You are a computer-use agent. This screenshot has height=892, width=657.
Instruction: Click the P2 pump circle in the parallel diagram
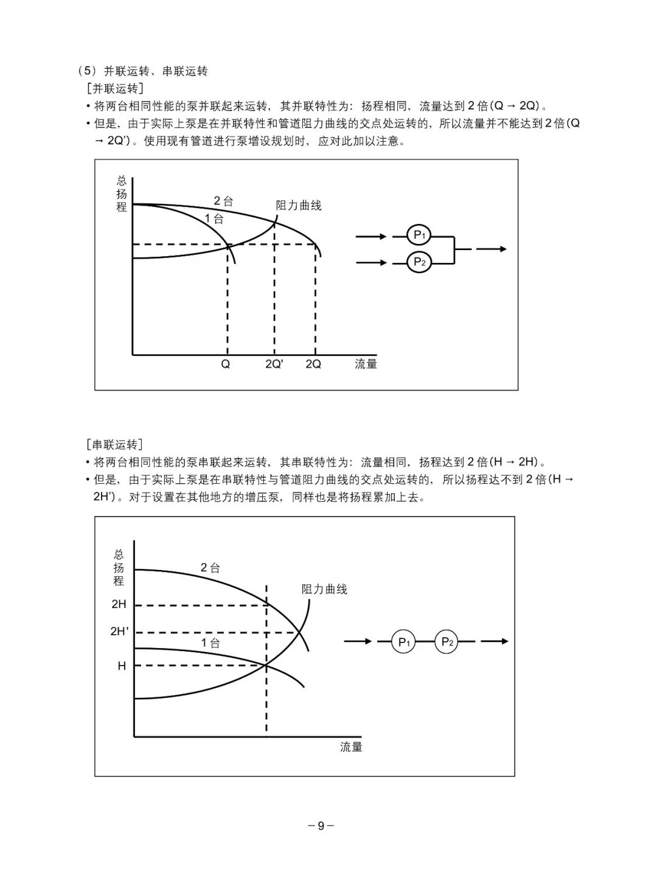419,262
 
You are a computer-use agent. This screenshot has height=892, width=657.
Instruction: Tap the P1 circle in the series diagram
404,641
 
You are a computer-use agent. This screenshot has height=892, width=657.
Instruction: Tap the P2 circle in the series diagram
447,641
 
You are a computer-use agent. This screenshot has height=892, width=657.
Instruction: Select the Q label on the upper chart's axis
225,364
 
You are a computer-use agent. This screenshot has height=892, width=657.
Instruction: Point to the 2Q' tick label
274,364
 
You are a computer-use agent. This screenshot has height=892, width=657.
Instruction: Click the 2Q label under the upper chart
313,364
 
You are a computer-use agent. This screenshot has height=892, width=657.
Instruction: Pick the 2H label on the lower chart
119,604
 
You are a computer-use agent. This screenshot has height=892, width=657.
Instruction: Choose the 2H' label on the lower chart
119,631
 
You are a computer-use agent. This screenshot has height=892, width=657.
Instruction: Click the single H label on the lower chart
122,666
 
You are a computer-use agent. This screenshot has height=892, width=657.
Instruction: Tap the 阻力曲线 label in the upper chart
299,206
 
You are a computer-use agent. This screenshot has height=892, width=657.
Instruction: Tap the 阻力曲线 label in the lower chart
324,590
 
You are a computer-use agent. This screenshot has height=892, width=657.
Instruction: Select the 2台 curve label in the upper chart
223,201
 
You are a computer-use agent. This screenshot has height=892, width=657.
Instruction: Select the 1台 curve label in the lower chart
210,643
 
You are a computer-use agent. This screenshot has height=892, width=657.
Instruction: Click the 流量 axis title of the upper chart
366,364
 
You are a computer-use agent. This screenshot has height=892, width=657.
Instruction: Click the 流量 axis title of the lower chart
351,747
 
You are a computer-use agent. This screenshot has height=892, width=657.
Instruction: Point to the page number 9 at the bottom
321,826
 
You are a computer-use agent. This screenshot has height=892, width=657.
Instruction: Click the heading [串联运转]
115,444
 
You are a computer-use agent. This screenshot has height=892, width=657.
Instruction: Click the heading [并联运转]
116,88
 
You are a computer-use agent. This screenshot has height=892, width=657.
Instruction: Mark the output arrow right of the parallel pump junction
492,249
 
